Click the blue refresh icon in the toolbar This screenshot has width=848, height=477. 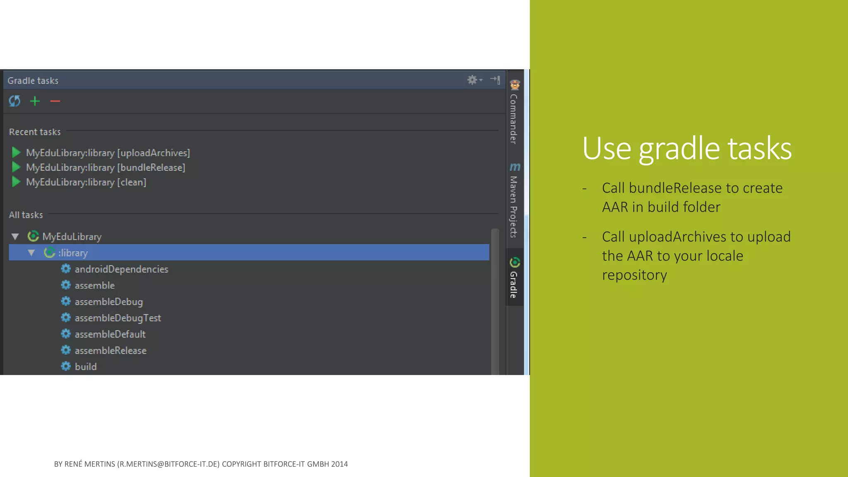coord(14,101)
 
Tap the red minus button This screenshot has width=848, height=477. coord(55,101)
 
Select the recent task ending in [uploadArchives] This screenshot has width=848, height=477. coord(108,153)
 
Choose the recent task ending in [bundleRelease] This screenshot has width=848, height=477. coord(105,168)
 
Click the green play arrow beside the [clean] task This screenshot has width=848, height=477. coord(16,182)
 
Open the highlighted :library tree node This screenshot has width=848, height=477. coord(73,253)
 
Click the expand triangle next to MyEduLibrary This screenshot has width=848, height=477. coord(15,237)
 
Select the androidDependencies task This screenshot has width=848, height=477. coord(121,269)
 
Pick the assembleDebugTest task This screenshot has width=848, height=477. coord(118,318)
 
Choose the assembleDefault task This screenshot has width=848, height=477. coord(110,334)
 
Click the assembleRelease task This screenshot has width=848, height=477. coord(111,351)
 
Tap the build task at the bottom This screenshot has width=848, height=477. coord(85,367)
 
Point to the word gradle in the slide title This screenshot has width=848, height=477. coord(679,149)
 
